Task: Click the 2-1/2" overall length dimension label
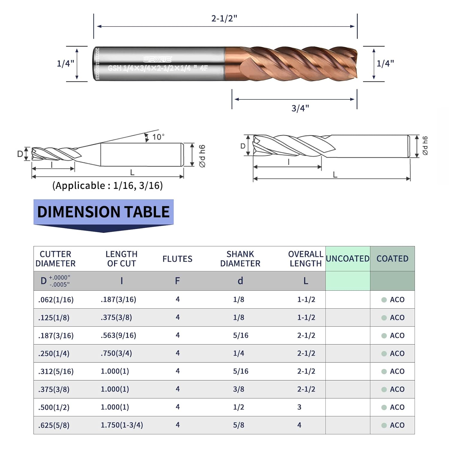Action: (x=224, y=19)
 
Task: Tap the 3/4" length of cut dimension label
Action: (x=300, y=108)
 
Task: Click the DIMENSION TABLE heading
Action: (x=103, y=212)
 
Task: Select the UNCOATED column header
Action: (x=348, y=259)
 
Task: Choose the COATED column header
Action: (x=392, y=259)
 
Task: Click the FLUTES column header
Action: (x=177, y=259)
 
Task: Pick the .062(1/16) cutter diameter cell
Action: (x=56, y=300)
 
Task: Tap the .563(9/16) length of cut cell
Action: (x=118, y=335)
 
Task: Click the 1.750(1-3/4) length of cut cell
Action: (x=122, y=425)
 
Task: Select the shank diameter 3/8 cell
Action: (x=239, y=389)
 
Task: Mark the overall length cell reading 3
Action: (x=299, y=407)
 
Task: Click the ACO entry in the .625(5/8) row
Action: (x=397, y=425)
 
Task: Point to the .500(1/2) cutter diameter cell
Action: (x=54, y=407)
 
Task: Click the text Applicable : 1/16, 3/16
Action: (x=107, y=186)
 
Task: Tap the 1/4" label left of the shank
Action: (x=65, y=63)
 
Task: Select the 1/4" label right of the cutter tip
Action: (x=385, y=63)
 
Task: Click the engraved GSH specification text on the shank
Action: (x=157, y=68)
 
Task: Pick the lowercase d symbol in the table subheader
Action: (x=240, y=281)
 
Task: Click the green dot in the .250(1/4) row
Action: (x=384, y=354)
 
